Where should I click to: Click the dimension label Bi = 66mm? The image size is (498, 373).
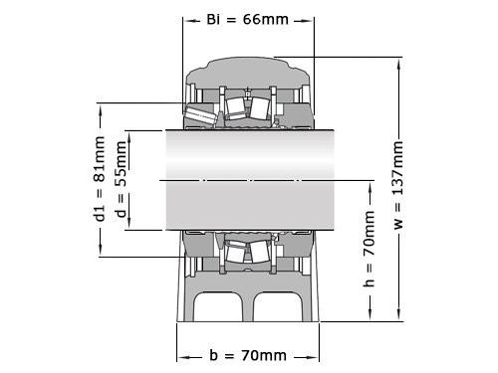tap(247, 18)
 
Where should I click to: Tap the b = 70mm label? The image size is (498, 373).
tap(247, 355)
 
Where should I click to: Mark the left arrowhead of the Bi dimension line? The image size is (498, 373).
tap(186, 18)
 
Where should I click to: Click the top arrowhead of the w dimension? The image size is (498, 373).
tap(398, 58)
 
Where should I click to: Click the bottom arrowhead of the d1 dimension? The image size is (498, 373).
tap(99, 255)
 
